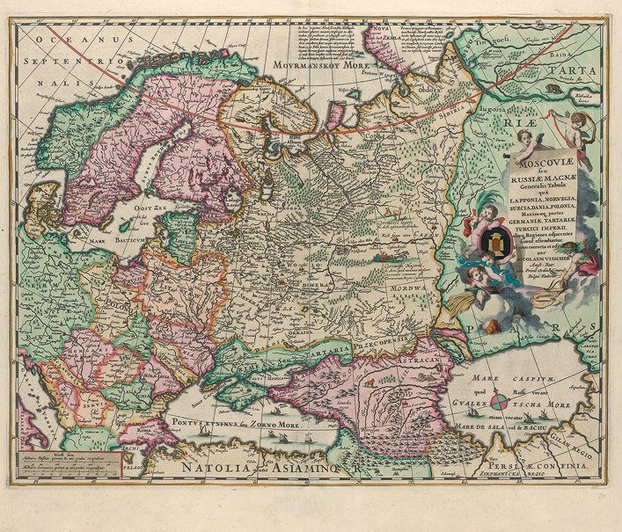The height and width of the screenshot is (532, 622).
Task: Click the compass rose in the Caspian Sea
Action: pos(499,404)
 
